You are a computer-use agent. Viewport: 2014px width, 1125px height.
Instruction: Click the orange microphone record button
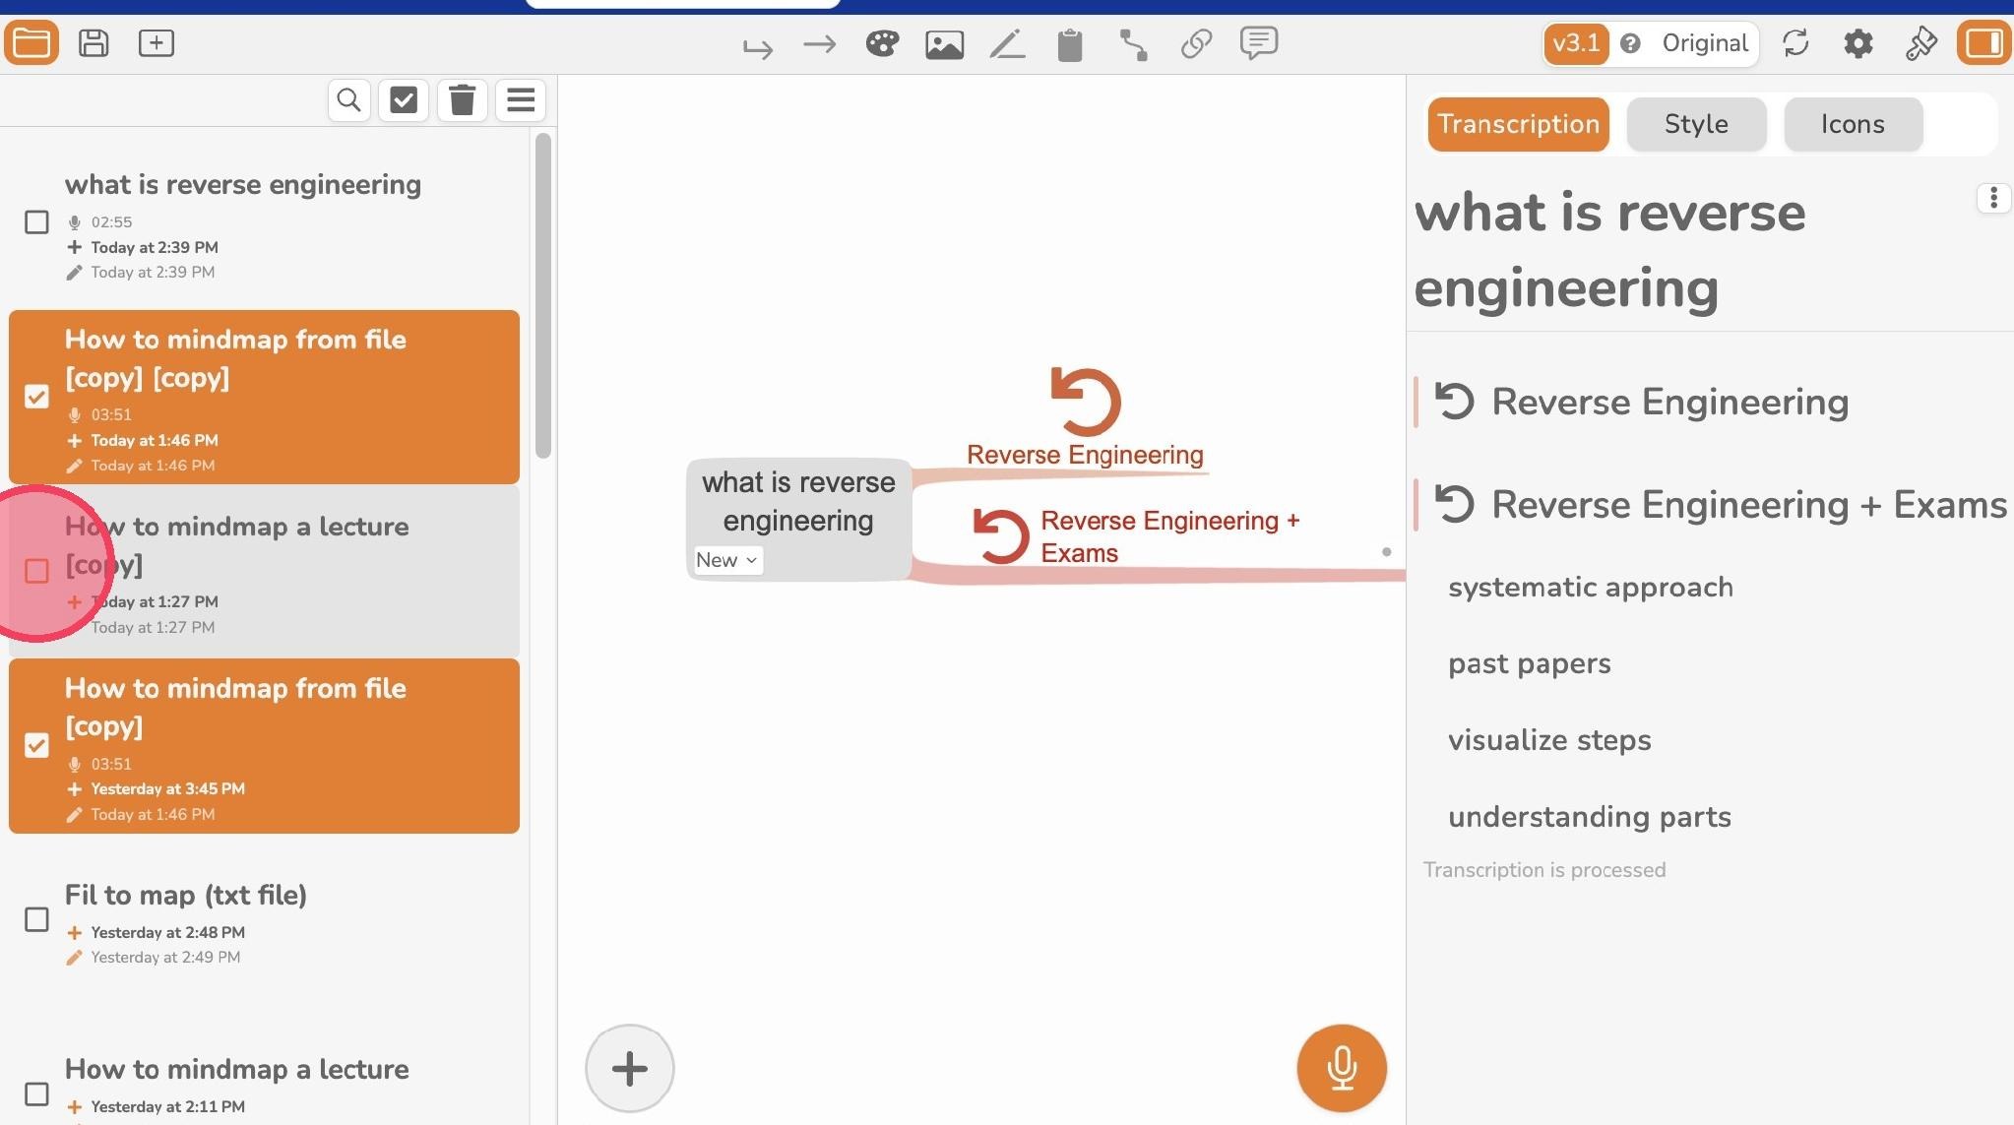coord(1342,1068)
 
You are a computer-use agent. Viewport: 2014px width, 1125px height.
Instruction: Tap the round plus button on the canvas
coord(630,1068)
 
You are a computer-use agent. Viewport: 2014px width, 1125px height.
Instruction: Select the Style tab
coord(1696,124)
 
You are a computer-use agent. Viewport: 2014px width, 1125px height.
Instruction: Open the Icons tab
coord(1853,124)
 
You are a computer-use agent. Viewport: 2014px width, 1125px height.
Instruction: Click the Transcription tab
coord(1518,124)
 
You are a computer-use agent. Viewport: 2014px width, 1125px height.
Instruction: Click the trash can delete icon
coord(463,100)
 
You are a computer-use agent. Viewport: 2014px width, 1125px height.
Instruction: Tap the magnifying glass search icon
coord(348,100)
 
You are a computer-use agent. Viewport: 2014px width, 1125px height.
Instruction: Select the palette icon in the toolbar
coord(882,43)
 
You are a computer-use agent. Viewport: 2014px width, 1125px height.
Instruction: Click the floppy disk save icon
coord(94,43)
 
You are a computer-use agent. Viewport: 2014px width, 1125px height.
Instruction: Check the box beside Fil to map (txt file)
coord(36,919)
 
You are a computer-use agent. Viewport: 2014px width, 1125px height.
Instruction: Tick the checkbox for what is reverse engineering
coord(36,222)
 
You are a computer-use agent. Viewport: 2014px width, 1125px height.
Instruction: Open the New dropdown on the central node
coord(727,560)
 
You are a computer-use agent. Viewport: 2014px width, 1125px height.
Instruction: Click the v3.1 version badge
coord(1576,43)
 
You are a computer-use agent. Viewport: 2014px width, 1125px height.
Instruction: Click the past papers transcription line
coord(1530,663)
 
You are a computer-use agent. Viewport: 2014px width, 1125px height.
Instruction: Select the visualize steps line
coord(1549,740)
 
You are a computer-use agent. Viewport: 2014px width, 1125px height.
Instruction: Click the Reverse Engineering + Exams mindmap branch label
coord(1170,536)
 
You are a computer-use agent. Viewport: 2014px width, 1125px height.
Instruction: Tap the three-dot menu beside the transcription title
coord(1993,198)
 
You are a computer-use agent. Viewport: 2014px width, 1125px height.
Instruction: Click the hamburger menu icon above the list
coord(521,100)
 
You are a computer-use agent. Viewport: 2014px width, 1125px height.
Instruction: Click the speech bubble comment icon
coord(1259,43)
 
